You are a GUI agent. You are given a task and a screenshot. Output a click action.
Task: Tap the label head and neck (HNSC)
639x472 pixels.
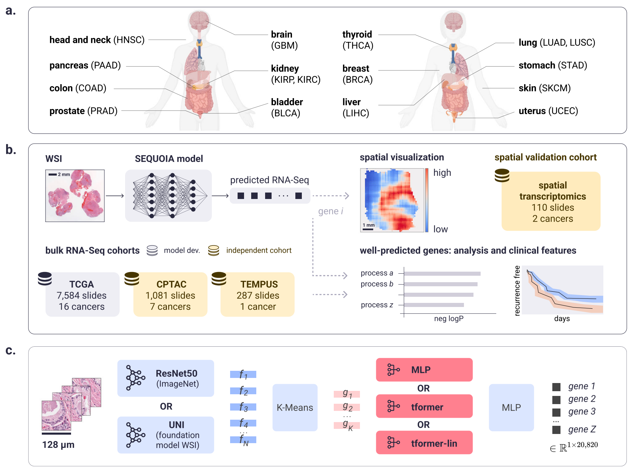[x=97, y=40]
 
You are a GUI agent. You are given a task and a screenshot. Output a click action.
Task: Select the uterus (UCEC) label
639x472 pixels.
[x=548, y=111]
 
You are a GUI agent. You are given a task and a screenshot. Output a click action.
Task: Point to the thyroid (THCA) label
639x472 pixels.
[x=358, y=40]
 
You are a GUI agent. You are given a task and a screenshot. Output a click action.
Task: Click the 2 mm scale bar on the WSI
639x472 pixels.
[x=53, y=175]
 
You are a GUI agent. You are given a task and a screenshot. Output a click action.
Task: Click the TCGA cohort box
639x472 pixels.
[x=82, y=295]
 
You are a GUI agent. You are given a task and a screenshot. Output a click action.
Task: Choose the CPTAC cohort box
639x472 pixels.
[x=170, y=295]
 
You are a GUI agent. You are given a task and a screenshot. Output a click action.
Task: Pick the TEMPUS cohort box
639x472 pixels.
[x=258, y=295]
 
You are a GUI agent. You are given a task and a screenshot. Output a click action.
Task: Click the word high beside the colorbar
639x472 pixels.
[x=442, y=173]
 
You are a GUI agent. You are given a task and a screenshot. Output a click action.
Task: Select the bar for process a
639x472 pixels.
[x=442, y=273]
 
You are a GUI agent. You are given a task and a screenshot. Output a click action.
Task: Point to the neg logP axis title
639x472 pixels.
[x=449, y=319]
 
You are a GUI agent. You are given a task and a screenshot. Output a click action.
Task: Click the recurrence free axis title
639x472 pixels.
[x=517, y=291]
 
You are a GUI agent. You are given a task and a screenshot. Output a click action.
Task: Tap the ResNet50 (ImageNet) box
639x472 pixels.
[x=166, y=378]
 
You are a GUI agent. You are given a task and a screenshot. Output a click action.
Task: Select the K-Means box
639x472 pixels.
[x=295, y=407]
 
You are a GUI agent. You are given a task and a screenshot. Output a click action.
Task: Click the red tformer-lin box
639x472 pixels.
[x=424, y=443]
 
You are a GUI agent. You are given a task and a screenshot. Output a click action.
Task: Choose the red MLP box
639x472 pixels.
[x=424, y=370]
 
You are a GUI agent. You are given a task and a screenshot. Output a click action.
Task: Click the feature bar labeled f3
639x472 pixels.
[x=243, y=407]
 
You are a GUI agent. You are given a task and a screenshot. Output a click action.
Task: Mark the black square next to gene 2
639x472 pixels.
[x=556, y=399]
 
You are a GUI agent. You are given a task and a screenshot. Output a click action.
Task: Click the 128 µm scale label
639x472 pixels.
[x=58, y=445]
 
